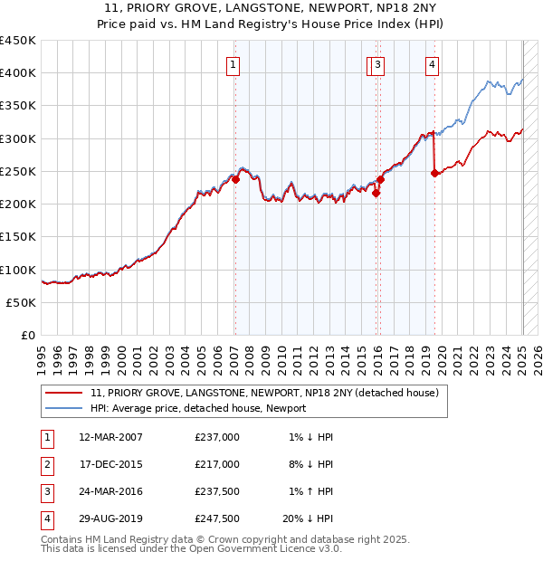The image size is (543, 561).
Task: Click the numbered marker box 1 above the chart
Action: click(233, 64)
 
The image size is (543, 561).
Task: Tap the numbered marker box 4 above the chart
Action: click(433, 64)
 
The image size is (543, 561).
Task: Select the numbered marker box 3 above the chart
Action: click(376, 64)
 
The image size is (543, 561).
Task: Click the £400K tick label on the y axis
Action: click(18, 73)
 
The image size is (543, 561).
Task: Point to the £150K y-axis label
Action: click(18, 237)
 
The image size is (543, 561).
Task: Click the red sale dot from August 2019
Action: click(435, 173)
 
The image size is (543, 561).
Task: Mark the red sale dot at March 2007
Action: click(235, 180)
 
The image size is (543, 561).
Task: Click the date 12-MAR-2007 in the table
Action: click(111, 437)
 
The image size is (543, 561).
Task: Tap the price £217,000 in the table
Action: click(217, 464)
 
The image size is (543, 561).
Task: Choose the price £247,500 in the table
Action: click(217, 518)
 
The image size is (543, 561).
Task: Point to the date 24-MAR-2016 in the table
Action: click(111, 491)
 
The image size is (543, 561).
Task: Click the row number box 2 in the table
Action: click(44, 464)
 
